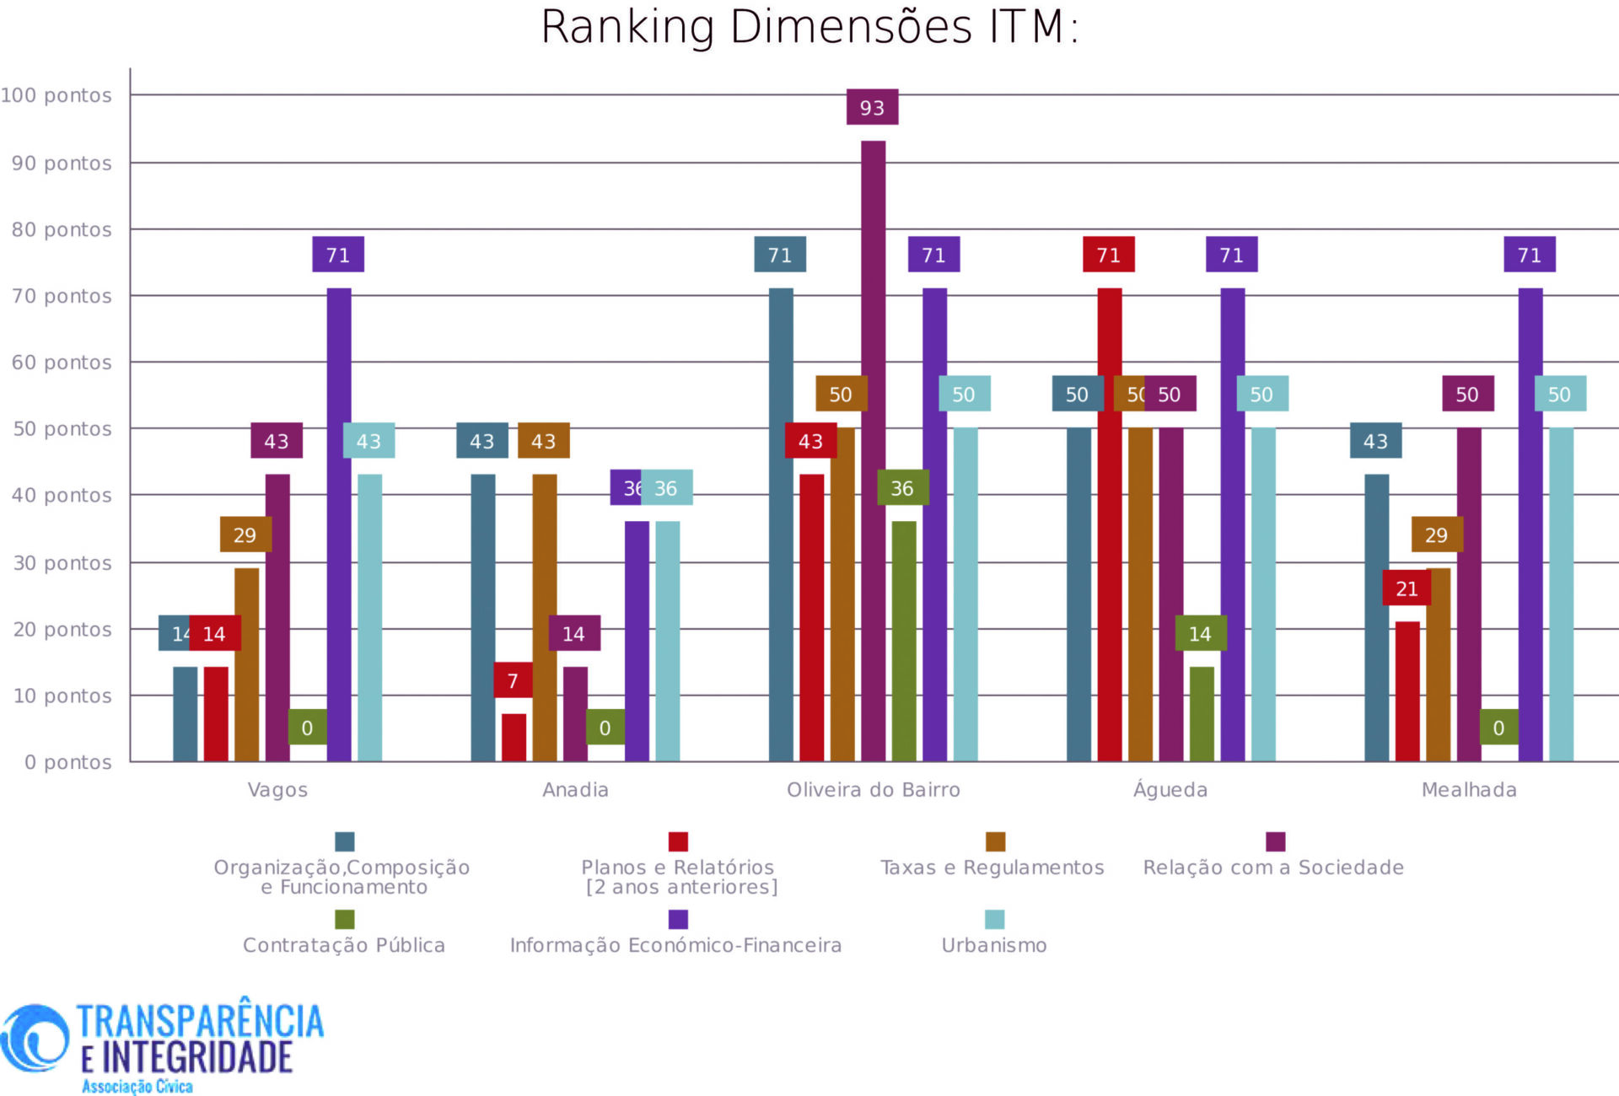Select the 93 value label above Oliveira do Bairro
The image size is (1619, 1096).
[x=872, y=107]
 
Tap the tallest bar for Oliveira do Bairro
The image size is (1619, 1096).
[x=873, y=451]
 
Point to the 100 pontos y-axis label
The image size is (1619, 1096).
[x=56, y=95]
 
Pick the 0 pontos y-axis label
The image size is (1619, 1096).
[x=67, y=762]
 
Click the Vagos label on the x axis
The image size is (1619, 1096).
[x=277, y=790]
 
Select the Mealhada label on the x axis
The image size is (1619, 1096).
[x=1469, y=790]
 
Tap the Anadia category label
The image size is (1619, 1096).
[x=575, y=790]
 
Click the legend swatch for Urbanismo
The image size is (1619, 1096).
[x=995, y=919]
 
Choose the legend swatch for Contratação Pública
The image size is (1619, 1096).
[x=344, y=919]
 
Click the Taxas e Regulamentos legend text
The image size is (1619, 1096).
[x=992, y=868]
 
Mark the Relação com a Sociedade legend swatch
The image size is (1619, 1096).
[x=1275, y=841]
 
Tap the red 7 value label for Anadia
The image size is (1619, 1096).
[x=513, y=680]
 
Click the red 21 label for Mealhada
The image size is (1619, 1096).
[x=1407, y=588]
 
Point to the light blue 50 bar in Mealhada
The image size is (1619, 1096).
[x=1561, y=594]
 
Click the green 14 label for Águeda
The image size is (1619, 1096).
[x=1200, y=633]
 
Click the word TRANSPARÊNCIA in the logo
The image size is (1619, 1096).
[x=200, y=1020]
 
